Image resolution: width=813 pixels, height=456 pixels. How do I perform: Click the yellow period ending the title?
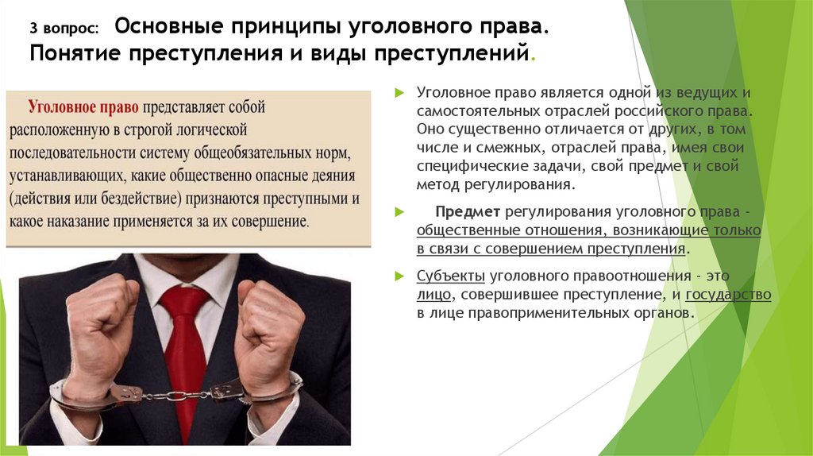[532, 57]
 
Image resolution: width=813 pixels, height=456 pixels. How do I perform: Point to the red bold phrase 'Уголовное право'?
[83, 106]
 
